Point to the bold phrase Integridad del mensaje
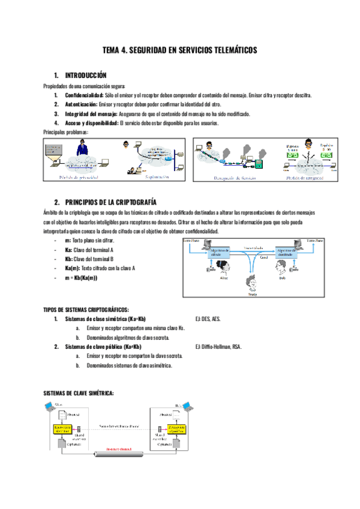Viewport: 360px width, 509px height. (x=91, y=113)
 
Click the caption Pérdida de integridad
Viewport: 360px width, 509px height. (x=305, y=178)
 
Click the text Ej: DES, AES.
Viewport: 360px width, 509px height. (x=208, y=319)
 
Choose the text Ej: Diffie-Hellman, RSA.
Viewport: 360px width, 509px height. (x=218, y=346)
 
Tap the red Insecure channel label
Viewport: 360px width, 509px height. (x=120, y=449)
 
